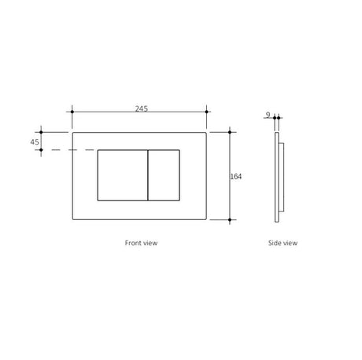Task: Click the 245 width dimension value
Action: [142, 108]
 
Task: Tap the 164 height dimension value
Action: [236, 177]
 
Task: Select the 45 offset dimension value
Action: [35, 142]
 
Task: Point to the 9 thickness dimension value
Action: [268, 115]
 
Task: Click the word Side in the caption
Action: [274, 243]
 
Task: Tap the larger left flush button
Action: [123, 175]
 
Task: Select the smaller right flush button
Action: [164, 175]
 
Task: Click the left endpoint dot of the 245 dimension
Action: [72, 112]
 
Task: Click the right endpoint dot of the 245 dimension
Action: [206, 112]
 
